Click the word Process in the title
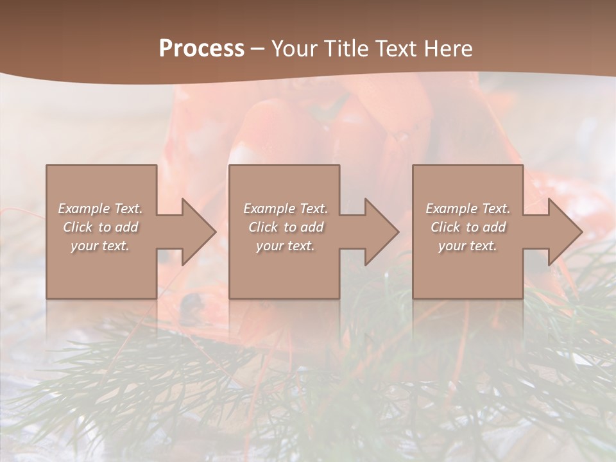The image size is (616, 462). coord(201,49)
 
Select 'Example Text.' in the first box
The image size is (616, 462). coord(101,209)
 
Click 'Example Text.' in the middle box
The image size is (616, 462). coord(286,209)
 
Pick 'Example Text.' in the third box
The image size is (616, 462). coord(468,209)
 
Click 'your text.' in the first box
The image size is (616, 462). coord(101,246)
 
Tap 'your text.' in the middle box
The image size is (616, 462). coord(286,246)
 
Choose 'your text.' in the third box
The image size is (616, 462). coord(468,246)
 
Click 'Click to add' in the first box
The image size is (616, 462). coord(101,227)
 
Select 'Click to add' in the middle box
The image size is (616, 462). coord(286,227)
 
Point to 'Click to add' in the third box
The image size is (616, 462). coord(468,227)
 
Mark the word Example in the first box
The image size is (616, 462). coord(83,209)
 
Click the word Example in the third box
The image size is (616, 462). coord(451,209)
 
